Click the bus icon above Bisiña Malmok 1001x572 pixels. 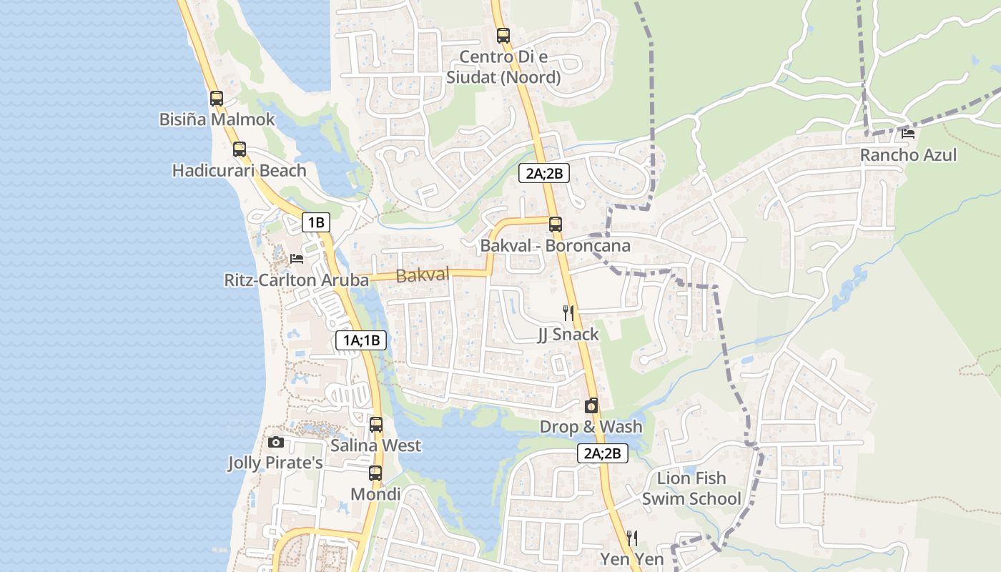click(217, 99)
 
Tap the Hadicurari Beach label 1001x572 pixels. click(239, 171)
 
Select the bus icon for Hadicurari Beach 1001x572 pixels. click(240, 149)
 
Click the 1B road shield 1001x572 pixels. click(315, 222)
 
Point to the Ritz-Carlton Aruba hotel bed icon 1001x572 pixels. click(297, 258)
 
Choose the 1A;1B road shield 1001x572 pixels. click(361, 341)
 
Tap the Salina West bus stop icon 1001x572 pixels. click(376, 425)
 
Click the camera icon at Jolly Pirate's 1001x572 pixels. click(276, 443)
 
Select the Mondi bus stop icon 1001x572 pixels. click(375, 473)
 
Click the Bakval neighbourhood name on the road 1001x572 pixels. click(423, 275)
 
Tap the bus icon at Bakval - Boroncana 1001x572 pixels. click(556, 225)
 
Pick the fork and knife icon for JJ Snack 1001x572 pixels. click(568, 312)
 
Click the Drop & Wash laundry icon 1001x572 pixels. click(591, 406)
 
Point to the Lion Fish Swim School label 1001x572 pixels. click(691, 488)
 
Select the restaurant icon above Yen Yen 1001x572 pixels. click(632, 538)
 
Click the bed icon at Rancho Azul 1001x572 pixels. click(908, 133)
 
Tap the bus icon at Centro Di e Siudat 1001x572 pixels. click(503, 35)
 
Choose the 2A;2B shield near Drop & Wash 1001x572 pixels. click(602, 453)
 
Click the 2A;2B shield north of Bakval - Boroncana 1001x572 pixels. click(543, 173)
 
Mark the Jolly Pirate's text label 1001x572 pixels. click(275, 463)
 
